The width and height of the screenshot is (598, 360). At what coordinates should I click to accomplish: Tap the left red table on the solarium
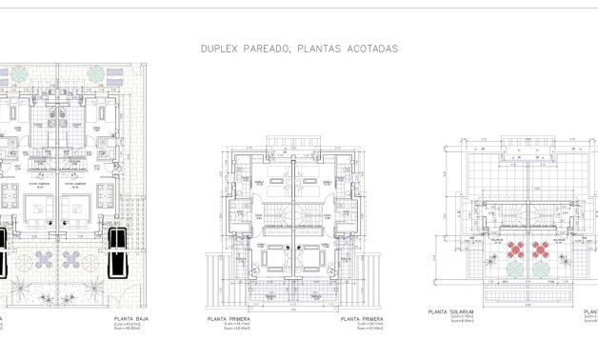pyautogui.click(x=514, y=250)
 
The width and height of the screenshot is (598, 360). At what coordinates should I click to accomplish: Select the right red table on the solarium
pyautogui.click(x=541, y=250)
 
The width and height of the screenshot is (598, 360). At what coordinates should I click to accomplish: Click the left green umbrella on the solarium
pyautogui.click(x=514, y=270)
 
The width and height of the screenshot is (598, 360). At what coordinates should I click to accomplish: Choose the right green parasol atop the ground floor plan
pyautogui.click(x=97, y=73)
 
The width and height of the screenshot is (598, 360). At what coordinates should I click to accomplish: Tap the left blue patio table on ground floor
pyautogui.click(x=44, y=257)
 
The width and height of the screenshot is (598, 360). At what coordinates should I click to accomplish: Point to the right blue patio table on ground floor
pyautogui.click(x=71, y=257)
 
